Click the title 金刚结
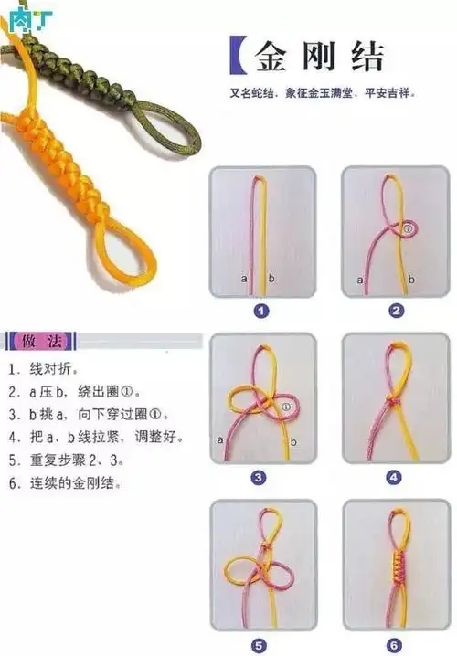click(306, 57)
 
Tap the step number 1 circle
click(261, 311)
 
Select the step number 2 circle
click(395, 311)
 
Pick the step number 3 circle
click(261, 477)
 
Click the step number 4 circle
click(395, 477)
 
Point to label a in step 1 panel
click(244, 276)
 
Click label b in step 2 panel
click(411, 279)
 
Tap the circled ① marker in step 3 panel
click(289, 407)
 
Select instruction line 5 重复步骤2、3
click(69, 460)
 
